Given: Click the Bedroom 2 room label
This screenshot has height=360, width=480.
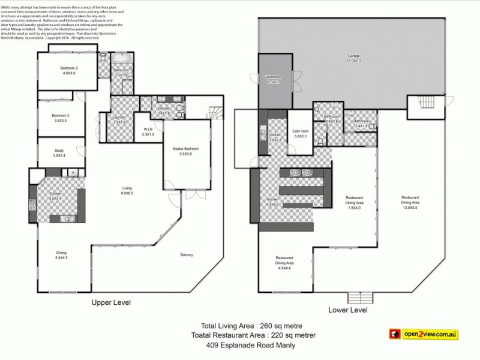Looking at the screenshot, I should pyautogui.click(x=69, y=68).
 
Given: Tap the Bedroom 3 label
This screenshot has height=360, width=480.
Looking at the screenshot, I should pyautogui.click(x=60, y=115).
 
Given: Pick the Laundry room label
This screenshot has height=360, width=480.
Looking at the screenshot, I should pyautogui.click(x=119, y=117).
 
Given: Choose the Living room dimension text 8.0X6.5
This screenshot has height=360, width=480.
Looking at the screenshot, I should pyautogui.click(x=127, y=193).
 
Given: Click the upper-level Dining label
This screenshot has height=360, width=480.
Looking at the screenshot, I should pyautogui.click(x=61, y=253).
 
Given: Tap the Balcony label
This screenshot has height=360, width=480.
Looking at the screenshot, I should pyautogui.click(x=187, y=255).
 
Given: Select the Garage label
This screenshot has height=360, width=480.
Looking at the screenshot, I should pyautogui.click(x=353, y=56).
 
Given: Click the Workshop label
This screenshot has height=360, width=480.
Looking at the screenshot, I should pyautogui.click(x=274, y=77).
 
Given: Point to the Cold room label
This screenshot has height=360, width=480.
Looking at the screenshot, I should pyautogui.click(x=300, y=131).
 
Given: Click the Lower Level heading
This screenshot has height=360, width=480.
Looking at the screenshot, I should pyautogui.click(x=347, y=310).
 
